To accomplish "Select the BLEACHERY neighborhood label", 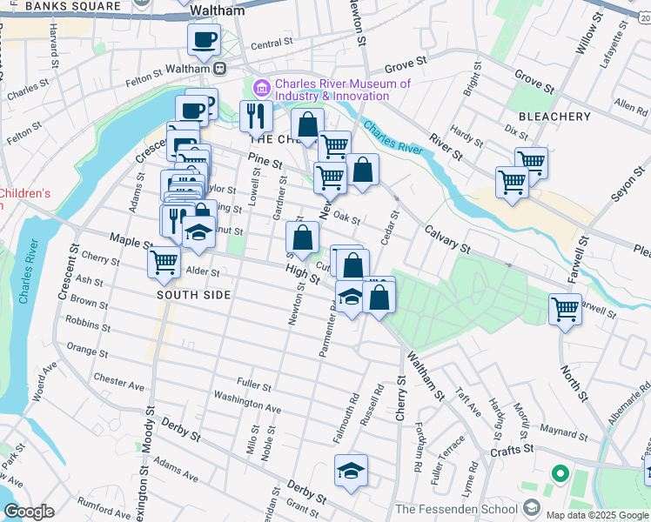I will click(x=554, y=117).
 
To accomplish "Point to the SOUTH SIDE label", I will click(x=193, y=295).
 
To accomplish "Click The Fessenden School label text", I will click(x=456, y=508).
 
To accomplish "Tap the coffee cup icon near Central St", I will click(x=204, y=39).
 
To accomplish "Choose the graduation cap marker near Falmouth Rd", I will click(x=352, y=471).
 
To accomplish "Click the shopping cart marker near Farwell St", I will click(x=565, y=308).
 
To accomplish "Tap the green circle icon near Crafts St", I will click(x=560, y=475).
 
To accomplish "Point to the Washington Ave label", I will click(x=247, y=404).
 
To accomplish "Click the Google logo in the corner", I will click(x=29, y=512).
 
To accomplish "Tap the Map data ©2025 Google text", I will click(x=596, y=515).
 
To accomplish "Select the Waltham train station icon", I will click(x=221, y=69).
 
